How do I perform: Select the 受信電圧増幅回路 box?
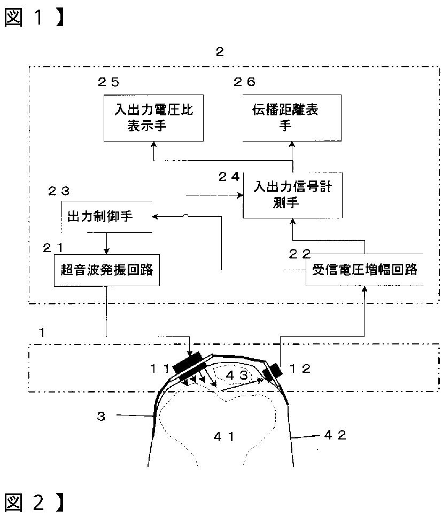tap(365, 270)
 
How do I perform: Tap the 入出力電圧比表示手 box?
tap(153, 117)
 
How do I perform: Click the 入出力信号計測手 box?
tap(292, 195)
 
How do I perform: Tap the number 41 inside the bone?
tap(224, 436)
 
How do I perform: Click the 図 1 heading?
tap(32, 18)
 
